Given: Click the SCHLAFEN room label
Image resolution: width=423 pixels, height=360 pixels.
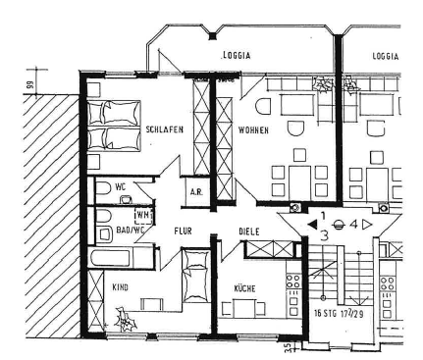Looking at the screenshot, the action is click(164, 129).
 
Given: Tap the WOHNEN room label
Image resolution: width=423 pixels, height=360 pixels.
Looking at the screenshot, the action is click(253, 130).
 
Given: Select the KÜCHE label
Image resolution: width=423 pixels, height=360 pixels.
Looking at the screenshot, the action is click(244, 288).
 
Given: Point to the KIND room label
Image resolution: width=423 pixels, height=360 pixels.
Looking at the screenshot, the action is click(120, 287).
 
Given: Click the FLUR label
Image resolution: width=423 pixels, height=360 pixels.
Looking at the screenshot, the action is click(183, 231).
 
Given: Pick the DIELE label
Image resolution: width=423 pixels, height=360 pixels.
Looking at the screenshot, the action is click(249, 231).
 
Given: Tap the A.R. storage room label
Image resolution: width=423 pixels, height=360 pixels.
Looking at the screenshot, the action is click(196, 192).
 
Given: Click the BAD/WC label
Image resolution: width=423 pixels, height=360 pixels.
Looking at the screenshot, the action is click(131, 231).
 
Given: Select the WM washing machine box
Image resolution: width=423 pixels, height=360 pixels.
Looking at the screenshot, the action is click(144, 215).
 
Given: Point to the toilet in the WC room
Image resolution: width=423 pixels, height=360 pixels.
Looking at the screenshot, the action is click(103, 188).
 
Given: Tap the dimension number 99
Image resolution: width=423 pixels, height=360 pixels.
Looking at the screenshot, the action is click(30, 85).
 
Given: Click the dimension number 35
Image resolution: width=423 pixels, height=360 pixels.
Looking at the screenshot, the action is click(289, 348).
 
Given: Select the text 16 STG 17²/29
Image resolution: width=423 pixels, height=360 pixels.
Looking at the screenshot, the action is click(339, 313).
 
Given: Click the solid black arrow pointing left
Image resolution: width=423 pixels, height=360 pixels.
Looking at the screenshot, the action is click(312, 225).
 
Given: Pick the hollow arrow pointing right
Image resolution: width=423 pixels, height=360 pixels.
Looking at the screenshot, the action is click(367, 225).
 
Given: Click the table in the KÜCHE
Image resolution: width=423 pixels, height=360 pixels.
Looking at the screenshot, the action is click(243, 309).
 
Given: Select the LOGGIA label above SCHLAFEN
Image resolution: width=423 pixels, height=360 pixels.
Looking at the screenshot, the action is click(236, 55).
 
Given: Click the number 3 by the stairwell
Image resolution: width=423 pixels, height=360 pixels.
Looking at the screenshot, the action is click(324, 235).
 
